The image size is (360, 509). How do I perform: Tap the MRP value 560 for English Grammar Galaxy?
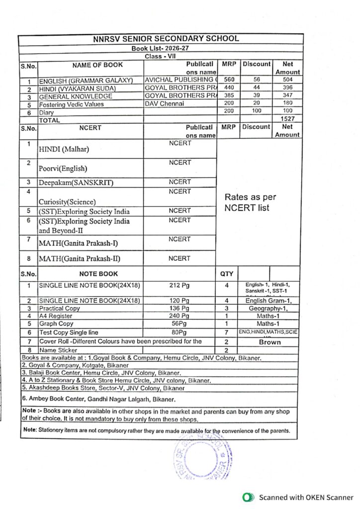(x=229, y=80)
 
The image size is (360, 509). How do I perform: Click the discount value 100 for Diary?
(x=257, y=111)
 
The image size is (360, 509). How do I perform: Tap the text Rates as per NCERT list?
(x=250, y=202)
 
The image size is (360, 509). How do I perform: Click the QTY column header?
(x=227, y=273)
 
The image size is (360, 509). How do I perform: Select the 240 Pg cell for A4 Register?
(x=180, y=316)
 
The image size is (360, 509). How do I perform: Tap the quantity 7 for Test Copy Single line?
(x=226, y=332)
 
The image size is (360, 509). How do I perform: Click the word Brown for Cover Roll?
(x=270, y=342)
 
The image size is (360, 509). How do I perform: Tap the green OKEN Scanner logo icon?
(x=247, y=498)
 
